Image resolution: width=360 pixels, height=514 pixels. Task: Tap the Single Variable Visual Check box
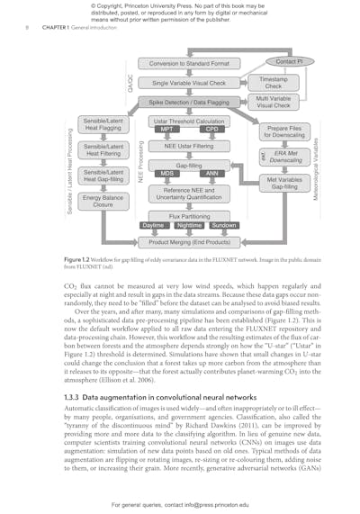189,83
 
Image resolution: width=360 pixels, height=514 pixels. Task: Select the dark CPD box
211,130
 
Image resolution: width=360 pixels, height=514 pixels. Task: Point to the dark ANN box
211,174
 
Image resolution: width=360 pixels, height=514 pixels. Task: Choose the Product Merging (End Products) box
189,242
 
